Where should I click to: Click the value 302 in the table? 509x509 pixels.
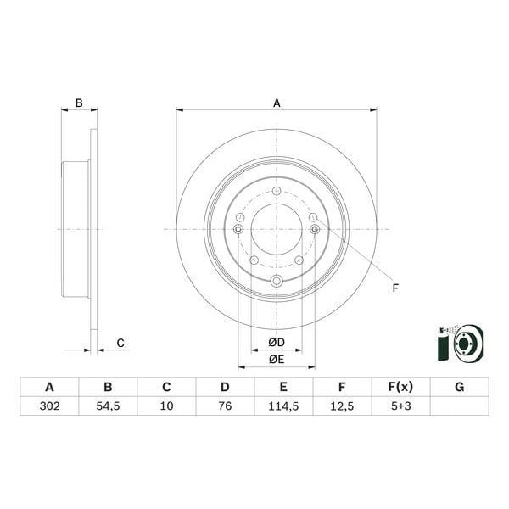point(49,406)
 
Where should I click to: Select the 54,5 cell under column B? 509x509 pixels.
point(108,406)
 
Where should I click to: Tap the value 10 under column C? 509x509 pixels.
point(166,406)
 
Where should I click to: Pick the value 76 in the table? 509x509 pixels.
point(225,406)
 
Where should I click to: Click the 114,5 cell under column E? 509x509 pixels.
point(283,406)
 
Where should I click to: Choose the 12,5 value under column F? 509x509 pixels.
point(342,406)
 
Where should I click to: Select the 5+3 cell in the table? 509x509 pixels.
point(400,406)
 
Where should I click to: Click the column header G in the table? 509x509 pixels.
point(459,388)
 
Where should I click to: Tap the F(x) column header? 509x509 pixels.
point(400,388)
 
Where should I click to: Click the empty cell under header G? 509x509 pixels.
point(459,406)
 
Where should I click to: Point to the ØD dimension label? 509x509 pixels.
point(276,342)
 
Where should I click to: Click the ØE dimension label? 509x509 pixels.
point(276,359)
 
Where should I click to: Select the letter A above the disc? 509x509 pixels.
point(277,103)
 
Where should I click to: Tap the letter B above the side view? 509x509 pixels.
point(79,103)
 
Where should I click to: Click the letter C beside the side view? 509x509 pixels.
point(120,343)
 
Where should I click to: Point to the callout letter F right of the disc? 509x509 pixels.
point(395,288)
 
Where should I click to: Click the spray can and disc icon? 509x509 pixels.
point(457,344)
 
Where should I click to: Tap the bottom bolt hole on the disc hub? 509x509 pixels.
point(276,282)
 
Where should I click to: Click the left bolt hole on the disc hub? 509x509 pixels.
point(238,228)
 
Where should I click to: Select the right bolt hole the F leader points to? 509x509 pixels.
point(315,228)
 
